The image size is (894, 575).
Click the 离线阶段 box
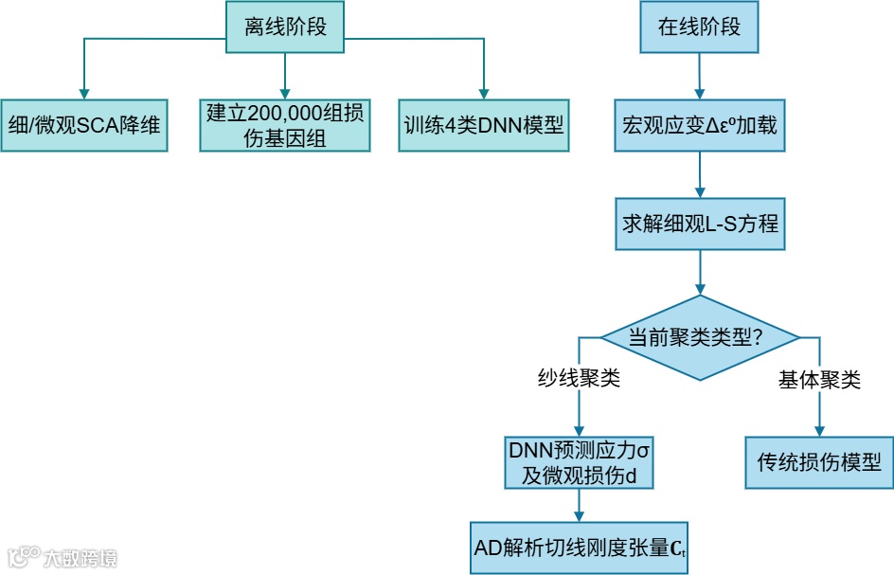(x=285, y=26)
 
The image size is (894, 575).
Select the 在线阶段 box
(x=699, y=26)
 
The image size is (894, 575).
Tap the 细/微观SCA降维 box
(x=84, y=124)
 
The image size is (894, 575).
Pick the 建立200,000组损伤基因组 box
(x=285, y=124)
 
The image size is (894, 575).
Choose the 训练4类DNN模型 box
(x=484, y=124)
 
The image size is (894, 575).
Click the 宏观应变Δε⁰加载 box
(x=699, y=124)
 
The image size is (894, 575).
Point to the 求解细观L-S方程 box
(x=699, y=225)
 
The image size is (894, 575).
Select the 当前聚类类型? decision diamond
(x=699, y=337)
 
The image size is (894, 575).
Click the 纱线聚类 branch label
(x=579, y=380)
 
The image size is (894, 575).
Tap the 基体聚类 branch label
(x=819, y=380)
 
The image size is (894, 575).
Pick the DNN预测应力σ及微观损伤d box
(x=579, y=462)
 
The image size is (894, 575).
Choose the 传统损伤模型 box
(x=819, y=462)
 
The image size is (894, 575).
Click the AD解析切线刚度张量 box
(x=580, y=547)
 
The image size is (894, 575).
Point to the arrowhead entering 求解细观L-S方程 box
(x=699, y=193)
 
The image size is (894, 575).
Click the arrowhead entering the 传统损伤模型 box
(x=819, y=430)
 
